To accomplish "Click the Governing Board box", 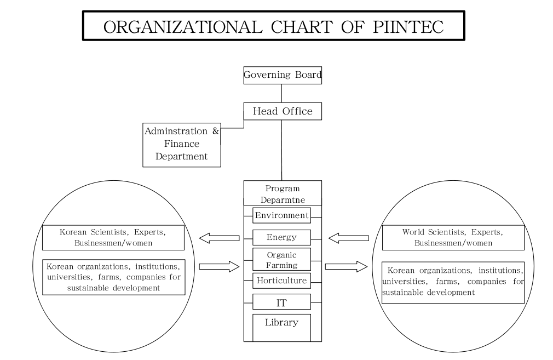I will click(282, 75).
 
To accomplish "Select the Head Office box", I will click(282, 111).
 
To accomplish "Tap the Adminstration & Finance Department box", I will click(182, 144).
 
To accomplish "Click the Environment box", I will click(281, 215).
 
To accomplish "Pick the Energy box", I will click(281, 237).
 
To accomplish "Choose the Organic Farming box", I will click(281, 260).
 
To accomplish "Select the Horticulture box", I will click(281, 281).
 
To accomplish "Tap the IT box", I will click(281, 301).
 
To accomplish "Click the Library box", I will click(281, 327).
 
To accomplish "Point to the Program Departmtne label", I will click(282, 194).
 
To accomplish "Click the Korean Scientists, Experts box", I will click(112, 237).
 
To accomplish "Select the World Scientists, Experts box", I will click(453, 237).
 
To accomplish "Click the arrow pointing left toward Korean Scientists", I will click(220, 238).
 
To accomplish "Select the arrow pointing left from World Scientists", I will click(349, 238).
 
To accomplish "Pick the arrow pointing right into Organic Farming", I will click(220, 267).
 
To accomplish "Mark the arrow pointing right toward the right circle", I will click(345, 267).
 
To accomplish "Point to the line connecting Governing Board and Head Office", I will click(282, 93).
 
